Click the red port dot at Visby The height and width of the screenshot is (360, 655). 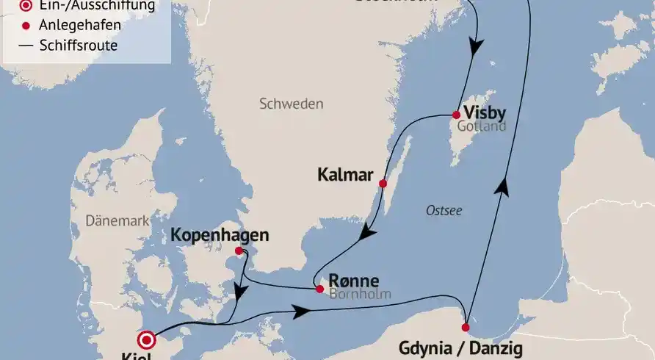click(456, 115)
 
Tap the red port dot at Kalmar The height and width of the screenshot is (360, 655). click(382, 183)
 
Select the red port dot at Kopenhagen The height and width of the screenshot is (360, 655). click(238, 251)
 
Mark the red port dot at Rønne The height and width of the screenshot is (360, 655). click(319, 289)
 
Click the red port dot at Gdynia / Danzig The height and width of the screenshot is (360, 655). click(466, 327)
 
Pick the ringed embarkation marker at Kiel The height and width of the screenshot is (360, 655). click(148, 340)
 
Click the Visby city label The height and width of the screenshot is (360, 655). click(485, 113)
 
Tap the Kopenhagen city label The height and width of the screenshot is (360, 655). click(219, 236)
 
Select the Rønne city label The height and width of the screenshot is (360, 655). click(354, 281)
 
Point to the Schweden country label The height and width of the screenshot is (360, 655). click(291, 104)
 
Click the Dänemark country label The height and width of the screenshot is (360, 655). click(117, 220)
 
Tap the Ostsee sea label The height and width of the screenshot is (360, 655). click(444, 211)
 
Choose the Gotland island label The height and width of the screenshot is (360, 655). click(482, 127)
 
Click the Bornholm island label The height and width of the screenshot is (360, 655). click(361, 295)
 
